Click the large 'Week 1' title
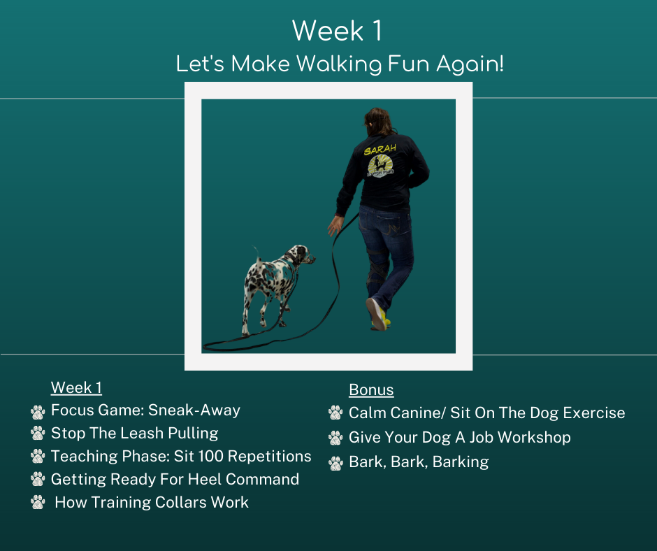click(337, 31)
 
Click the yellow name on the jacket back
click(380, 149)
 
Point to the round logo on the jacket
click(380, 166)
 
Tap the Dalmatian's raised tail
click(256, 252)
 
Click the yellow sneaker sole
click(376, 314)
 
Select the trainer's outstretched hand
click(335, 226)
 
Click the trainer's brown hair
click(379, 121)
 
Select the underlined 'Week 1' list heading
click(76, 387)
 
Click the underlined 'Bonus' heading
click(371, 389)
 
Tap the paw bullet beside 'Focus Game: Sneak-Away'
click(38, 412)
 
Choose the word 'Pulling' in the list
click(193, 434)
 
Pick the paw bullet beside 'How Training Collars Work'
click(38, 502)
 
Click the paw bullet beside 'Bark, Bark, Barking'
click(335, 463)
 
